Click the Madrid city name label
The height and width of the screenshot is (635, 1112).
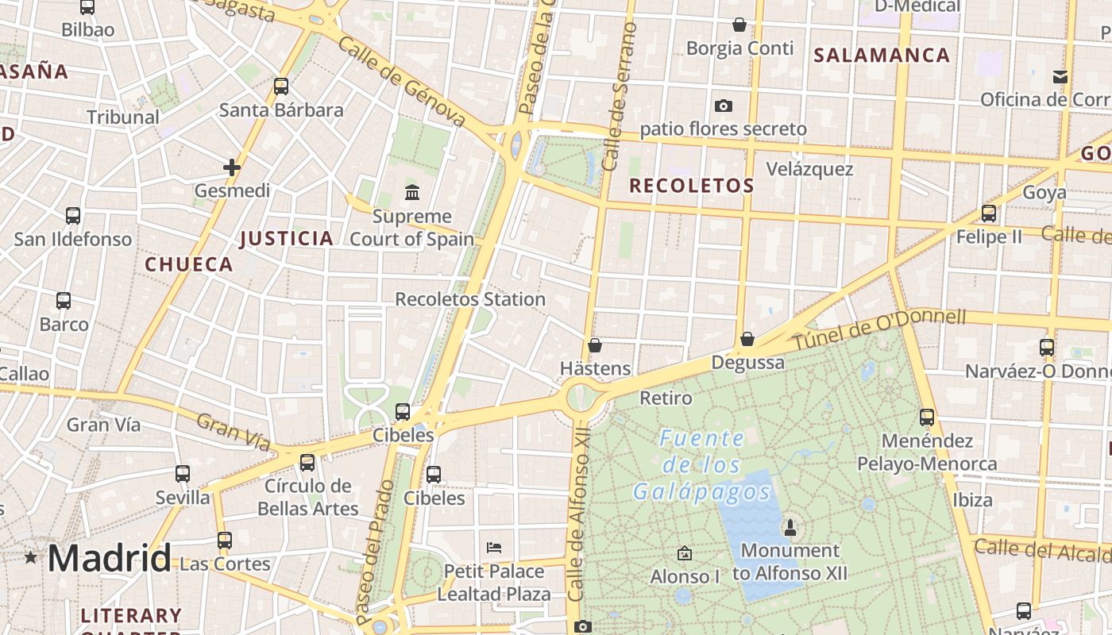pos(109,558)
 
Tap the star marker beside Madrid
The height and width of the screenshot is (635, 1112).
pos(31,557)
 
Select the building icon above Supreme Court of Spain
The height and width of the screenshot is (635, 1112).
pos(411,192)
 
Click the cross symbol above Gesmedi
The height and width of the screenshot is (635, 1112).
pos(232,167)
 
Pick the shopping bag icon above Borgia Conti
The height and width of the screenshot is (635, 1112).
pos(739,25)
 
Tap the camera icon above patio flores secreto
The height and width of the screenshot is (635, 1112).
pos(723,106)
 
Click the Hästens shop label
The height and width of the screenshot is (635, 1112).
pos(595,368)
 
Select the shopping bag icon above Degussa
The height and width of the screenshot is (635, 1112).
pos(747,340)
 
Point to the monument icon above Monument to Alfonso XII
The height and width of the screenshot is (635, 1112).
pos(790,527)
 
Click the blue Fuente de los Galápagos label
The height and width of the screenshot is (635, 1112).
pos(702,465)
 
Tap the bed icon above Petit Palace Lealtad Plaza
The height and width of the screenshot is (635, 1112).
pos(493,548)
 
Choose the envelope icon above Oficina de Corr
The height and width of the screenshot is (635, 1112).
pos(1060,76)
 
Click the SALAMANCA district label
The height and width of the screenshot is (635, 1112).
pos(882,55)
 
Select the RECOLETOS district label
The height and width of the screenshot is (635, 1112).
pos(691,186)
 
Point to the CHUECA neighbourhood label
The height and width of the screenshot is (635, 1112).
pos(189,264)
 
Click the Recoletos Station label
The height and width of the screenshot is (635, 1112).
pos(470,299)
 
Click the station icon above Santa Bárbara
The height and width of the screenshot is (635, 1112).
pos(281,87)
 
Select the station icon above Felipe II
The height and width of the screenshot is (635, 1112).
pos(989,214)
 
